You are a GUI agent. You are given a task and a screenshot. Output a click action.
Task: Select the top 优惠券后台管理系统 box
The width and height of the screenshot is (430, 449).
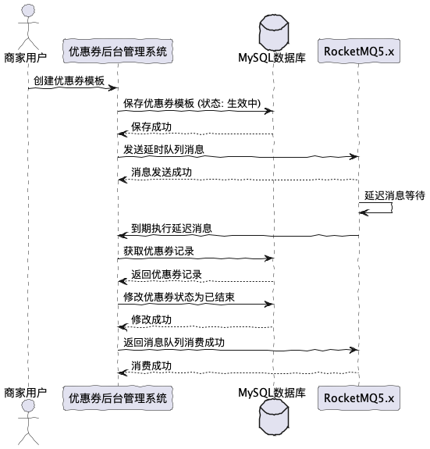click(117, 52)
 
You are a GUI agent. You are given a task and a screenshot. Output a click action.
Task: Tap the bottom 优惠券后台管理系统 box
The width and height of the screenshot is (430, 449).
click(117, 397)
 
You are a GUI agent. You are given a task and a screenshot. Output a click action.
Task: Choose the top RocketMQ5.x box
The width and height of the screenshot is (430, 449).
click(358, 52)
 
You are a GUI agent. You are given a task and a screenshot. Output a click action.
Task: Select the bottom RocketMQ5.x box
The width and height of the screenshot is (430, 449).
click(358, 397)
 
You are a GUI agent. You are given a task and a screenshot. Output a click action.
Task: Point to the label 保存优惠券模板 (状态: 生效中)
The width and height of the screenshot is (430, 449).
click(194, 104)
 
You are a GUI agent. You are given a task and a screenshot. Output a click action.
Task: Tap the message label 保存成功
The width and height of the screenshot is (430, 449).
click(151, 127)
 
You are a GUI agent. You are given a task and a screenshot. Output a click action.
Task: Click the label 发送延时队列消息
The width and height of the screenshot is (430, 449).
click(165, 149)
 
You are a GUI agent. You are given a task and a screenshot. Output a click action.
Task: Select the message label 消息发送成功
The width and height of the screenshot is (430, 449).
click(162, 172)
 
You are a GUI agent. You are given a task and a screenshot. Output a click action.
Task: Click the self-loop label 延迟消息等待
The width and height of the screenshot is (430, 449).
click(393, 194)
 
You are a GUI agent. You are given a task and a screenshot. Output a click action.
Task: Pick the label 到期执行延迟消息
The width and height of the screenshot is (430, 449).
click(172, 229)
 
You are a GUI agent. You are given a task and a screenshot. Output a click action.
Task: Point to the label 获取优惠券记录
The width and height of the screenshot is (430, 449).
click(158, 251)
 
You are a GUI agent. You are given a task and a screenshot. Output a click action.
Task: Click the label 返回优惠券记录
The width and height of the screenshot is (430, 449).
click(166, 275)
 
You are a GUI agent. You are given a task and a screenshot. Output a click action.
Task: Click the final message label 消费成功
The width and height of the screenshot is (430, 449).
click(151, 365)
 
